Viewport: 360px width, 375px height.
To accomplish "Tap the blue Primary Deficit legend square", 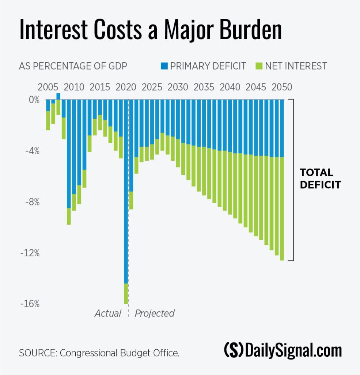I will pyautogui.click(x=164, y=66).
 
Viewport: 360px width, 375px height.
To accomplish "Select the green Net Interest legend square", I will pyautogui.click(x=260, y=66).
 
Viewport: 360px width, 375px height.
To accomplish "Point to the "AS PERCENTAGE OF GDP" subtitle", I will pyautogui.click(x=73, y=66).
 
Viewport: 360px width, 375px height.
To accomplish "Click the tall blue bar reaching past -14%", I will pyautogui.click(x=126, y=190).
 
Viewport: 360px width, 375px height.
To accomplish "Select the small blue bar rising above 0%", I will pyautogui.click(x=58, y=96).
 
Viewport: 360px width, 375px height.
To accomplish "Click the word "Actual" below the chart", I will pyautogui.click(x=108, y=313).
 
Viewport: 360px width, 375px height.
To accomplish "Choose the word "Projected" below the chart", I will pyautogui.click(x=155, y=313).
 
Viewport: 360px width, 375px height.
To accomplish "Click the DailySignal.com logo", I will pyautogui.click(x=283, y=350).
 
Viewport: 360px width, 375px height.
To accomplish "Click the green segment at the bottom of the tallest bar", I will pyautogui.click(x=126, y=294).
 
